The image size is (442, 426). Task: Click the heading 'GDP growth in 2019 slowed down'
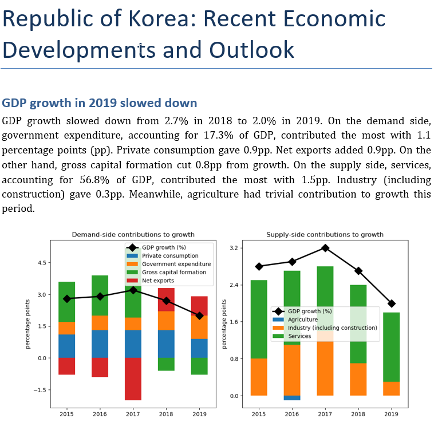pos(100,103)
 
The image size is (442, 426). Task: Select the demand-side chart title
pos(133,234)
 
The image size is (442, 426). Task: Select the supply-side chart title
pos(325,234)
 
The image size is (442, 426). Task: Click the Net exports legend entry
pos(158,281)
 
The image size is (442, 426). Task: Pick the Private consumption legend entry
pos(170,255)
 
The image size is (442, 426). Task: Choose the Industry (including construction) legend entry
pos(333,328)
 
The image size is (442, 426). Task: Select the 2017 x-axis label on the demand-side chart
pos(133,413)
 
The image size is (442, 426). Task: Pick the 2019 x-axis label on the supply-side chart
pos(391,413)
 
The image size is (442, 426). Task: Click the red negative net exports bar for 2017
pos(133,379)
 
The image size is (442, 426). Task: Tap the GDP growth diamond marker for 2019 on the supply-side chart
pos(391,303)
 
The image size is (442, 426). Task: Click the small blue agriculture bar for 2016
pos(292,398)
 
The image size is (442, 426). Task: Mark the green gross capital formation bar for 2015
pos(67,302)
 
